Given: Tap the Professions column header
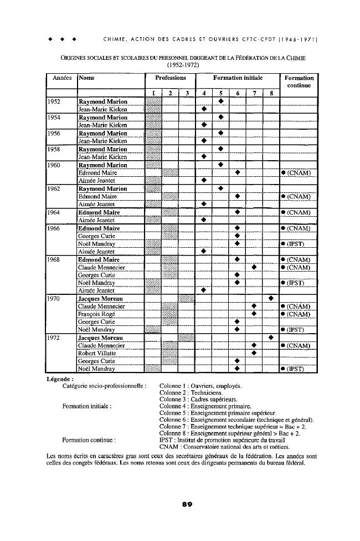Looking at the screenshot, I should coord(170,79).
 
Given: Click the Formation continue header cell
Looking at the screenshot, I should coord(299,82).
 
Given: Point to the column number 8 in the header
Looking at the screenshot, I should coord(271,93).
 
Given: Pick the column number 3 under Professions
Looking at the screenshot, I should coord(187,93).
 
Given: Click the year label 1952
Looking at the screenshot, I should coord(54,101).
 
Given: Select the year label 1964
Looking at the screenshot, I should coord(54,212).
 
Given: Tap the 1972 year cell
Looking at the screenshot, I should coord(54,338).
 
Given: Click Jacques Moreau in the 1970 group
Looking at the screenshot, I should coord(101,298).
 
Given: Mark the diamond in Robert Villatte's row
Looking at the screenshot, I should coord(254,353).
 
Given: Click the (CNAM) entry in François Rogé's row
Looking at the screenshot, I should coord(299,314).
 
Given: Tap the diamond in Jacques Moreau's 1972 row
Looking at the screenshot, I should coord(271,338).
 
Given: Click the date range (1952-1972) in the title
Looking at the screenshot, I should coord(179,65).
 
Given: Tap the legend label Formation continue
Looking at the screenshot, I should coord(90,440).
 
